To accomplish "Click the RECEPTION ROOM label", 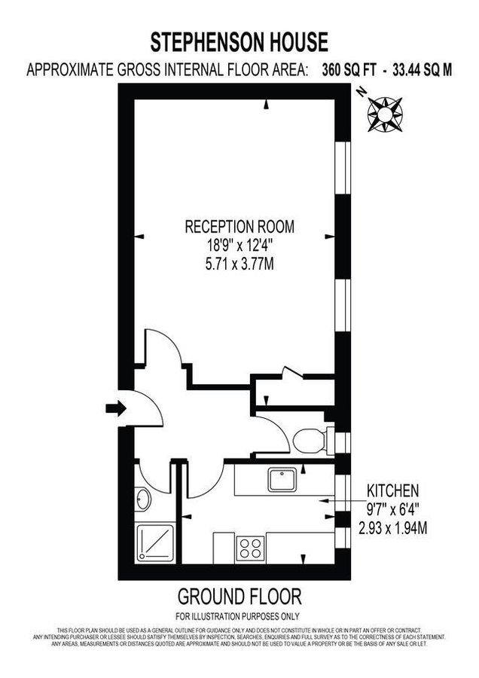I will click(x=239, y=226).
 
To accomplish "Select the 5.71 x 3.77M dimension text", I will click(x=239, y=264).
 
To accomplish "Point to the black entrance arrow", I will click(x=115, y=408).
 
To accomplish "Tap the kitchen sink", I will click(x=285, y=478).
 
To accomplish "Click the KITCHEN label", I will click(x=392, y=488).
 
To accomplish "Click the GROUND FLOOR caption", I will click(x=239, y=597).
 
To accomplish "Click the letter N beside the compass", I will click(x=362, y=91).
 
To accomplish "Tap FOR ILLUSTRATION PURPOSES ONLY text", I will click(x=239, y=616).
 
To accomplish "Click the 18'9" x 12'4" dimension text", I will click(x=239, y=246).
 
